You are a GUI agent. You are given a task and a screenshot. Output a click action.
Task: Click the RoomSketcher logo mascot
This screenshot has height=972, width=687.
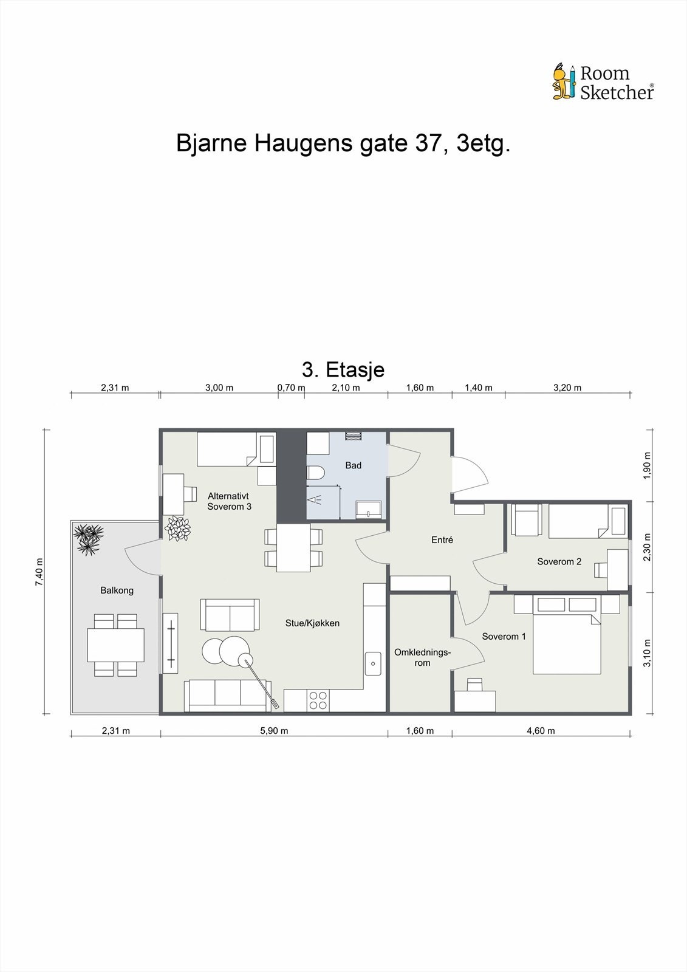pos(563,81)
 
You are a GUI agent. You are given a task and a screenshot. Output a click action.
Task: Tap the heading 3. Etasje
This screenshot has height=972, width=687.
pos(343,369)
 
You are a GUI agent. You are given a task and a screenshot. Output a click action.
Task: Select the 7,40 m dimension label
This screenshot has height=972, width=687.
pos(39,571)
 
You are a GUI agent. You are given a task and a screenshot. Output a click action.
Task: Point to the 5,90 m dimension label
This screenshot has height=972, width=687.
pos(274,731)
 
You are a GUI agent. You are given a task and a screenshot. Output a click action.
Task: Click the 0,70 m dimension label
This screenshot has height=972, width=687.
pos(291,388)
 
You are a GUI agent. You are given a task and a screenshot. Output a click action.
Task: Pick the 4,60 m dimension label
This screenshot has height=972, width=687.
pos(541,731)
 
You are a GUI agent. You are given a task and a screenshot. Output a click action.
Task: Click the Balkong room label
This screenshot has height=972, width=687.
pos(117,590)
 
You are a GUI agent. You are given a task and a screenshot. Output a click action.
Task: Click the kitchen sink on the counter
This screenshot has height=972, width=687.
pos(372,663)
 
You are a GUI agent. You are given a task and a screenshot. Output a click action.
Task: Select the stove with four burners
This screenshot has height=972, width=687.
pos(318,700)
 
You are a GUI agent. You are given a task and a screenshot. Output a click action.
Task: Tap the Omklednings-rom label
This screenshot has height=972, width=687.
pos(422,657)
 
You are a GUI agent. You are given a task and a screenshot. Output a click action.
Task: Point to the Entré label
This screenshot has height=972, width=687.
pos(442,539)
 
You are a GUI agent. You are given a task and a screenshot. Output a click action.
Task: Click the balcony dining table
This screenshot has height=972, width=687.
pos(115,645)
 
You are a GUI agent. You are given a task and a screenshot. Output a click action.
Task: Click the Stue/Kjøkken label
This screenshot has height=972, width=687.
pos(312,623)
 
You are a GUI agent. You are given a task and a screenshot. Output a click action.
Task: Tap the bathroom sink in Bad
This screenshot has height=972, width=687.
pos(369,509)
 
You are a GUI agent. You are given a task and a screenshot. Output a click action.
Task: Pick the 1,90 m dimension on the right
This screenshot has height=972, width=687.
pos(647,465)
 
